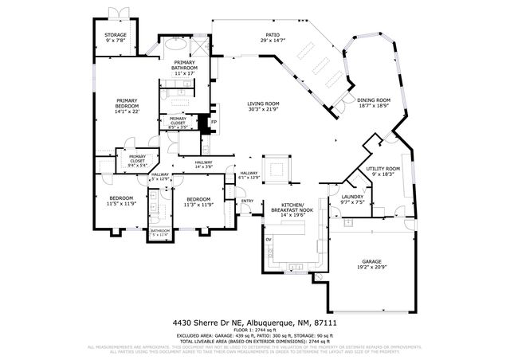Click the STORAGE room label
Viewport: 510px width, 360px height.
[116, 35]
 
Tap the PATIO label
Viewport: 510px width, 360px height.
[273, 35]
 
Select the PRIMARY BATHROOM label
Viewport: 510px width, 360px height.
[185, 65]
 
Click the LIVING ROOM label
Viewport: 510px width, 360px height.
[262, 104]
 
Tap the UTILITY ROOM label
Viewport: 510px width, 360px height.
[382, 169]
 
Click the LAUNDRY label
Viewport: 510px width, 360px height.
[352, 197]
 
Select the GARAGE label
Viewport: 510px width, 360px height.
[372, 261]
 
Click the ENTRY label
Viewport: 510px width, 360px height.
[248, 201]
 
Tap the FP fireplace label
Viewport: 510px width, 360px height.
[214, 122]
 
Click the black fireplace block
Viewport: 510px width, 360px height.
[204, 124]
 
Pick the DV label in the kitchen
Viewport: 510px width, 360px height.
[269, 239]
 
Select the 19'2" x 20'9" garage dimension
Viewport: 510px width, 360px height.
[372, 267]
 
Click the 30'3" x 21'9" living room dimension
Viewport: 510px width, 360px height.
[262, 109]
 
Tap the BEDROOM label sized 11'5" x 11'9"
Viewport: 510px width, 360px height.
[122, 198]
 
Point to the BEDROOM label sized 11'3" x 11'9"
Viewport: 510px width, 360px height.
[198, 198]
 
